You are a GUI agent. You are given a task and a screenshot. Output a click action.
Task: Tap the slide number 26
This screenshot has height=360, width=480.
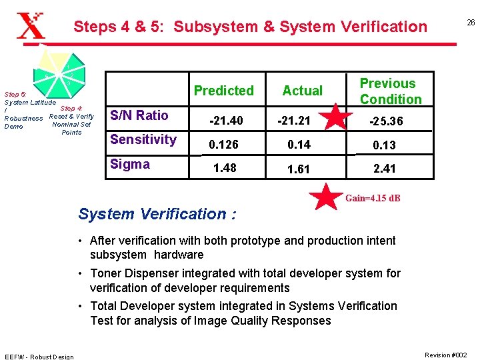pyautogui.click(x=470, y=23)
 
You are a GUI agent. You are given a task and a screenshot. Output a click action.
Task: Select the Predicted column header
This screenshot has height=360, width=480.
pyautogui.click(x=224, y=91)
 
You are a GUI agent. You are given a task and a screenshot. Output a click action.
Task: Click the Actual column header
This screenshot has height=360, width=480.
pyautogui.click(x=302, y=91)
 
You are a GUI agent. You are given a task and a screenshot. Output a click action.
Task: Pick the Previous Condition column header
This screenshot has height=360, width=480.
pyautogui.click(x=391, y=91)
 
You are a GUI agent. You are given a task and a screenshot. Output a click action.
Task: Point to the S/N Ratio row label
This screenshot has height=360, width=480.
pyautogui.click(x=139, y=115)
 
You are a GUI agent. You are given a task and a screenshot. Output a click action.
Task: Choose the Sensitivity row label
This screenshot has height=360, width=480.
pyautogui.click(x=143, y=139)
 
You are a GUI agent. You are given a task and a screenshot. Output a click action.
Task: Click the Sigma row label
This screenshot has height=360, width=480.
pyautogui.click(x=130, y=164)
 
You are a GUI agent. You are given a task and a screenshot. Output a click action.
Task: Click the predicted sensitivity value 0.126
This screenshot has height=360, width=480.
pyautogui.click(x=224, y=145)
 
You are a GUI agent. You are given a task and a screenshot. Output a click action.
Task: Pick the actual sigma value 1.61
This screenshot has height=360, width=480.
pyautogui.click(x=298, y=169)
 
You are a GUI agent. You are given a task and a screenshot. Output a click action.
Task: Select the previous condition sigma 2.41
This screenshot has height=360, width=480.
pyautogui.click(x=385, y=169)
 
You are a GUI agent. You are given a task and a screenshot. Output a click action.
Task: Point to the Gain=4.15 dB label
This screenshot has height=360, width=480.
pyautogui.click(x=373, y=199)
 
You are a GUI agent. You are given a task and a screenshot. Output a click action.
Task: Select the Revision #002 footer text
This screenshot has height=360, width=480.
pyautogui.click(x=446, y=355)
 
